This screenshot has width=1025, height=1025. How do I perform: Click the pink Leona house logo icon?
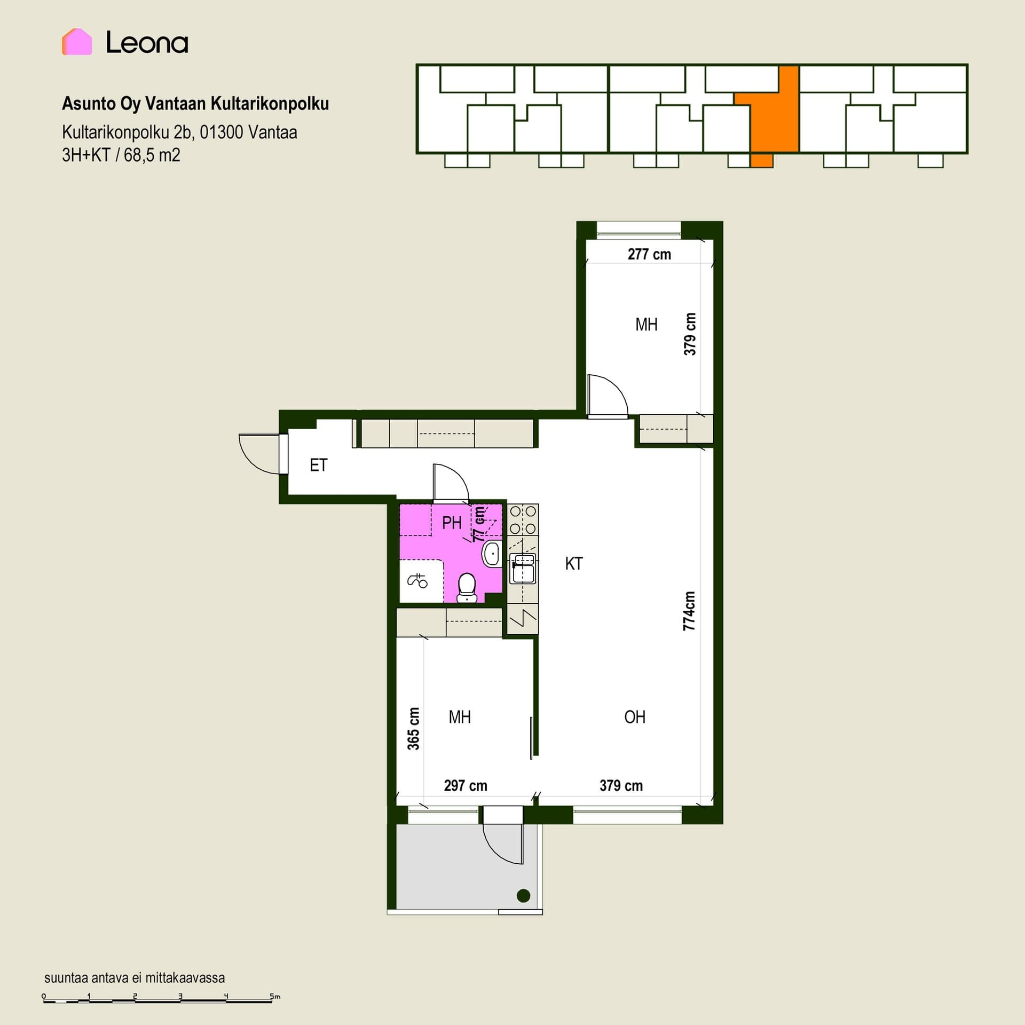[x=77, y=42]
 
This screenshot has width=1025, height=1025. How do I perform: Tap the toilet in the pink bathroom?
[x=467, y=588]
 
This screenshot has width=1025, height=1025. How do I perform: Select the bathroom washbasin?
[x=492, y=554]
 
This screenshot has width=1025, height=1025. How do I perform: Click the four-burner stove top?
[x=523, y=519]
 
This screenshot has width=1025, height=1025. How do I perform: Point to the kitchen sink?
[x=523, y=569]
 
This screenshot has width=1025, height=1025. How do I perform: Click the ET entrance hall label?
[x=319, y=465]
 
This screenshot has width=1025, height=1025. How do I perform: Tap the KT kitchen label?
[x=574, y=563]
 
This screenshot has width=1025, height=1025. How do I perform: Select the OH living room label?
[x=635, y=717]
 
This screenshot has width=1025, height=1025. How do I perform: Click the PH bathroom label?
[x=452, y=523]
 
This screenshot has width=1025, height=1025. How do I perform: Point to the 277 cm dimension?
[x=649, y=254]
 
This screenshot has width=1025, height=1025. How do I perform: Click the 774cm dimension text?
[x=689, y=611]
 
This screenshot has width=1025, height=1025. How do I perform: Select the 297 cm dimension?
[x=466, y=786]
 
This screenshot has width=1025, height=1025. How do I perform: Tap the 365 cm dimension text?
[x=413, y=729]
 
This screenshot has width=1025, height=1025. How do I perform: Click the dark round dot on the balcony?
[x=524, y=896]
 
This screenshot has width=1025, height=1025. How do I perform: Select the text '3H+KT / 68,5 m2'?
[x=121, y=155]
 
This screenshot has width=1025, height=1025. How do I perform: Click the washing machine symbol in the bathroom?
[x=418, y=580]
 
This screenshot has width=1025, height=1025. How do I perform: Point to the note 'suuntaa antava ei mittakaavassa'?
[x=135, y=978]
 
